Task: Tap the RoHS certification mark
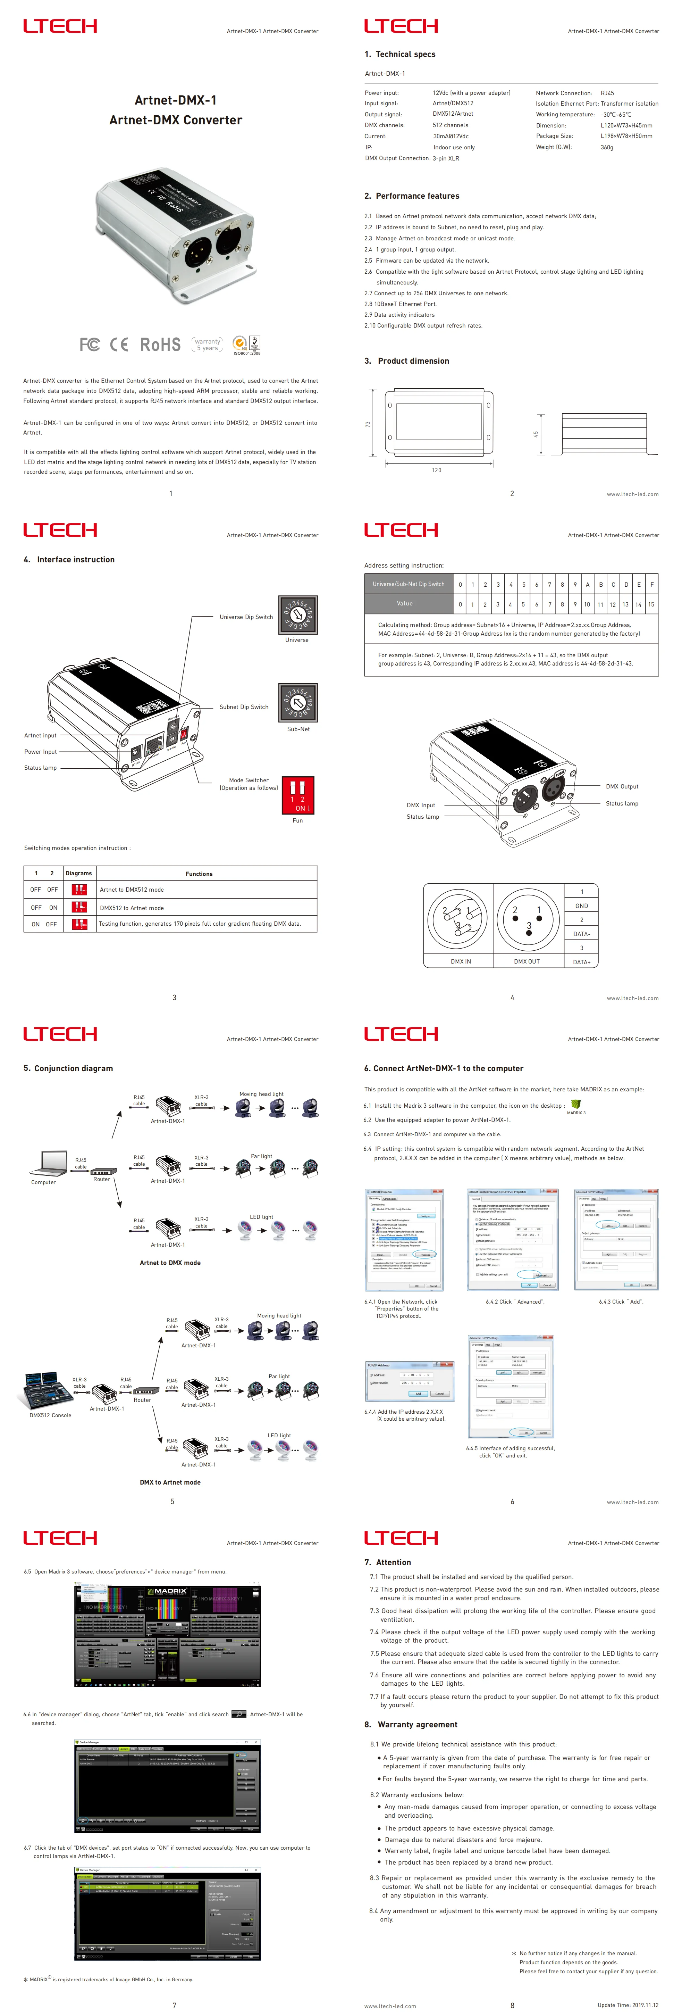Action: tap(160, 344)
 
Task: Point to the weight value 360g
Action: tap(607, 147)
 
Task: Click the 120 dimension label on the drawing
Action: tap(436, 470)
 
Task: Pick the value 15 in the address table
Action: tap(651, 604)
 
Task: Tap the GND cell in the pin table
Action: tap(581, 906)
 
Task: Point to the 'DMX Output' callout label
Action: tap(622, 786)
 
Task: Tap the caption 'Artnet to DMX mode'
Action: tap(170, 1262)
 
